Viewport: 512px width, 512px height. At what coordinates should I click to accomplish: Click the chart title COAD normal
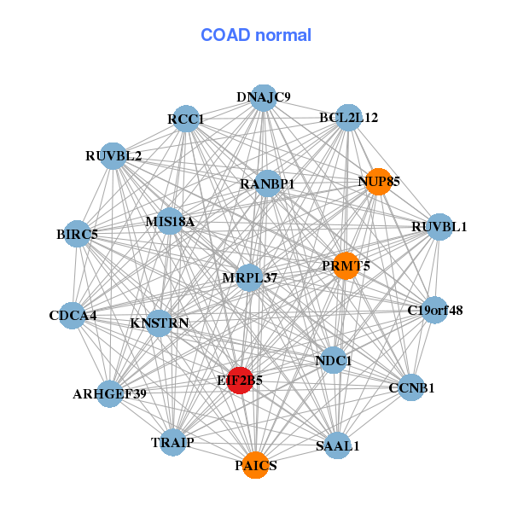pos(256,36)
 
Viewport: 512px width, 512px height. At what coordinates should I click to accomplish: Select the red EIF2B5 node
pos(241,381)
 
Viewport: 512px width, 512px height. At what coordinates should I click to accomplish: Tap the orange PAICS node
pos(254,465)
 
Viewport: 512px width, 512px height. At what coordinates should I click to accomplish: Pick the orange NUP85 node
pos(378,182)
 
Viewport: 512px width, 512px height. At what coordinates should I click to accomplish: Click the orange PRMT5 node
pos(346,265)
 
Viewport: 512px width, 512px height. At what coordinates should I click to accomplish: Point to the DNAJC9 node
pos(264,98)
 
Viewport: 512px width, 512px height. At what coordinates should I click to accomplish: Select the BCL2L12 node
pos(348,117)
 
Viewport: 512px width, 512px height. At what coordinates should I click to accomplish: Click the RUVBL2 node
pos(113,156)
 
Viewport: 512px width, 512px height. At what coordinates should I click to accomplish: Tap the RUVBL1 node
pos(439,227)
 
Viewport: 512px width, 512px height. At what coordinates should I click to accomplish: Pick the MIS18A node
pos(170,222)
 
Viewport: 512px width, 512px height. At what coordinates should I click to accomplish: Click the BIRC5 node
pos(77,234)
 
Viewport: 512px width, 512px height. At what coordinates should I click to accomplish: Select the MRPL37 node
pos(249,278)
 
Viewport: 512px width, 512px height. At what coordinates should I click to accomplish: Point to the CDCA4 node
pos(73,316)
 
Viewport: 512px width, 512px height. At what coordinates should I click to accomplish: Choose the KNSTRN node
pos(160,323)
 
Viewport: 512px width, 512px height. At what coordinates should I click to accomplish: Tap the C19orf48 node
pos(434,310)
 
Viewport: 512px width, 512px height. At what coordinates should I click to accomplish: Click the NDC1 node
pos(334,360)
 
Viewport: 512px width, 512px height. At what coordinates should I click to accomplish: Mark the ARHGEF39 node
pos(109,393)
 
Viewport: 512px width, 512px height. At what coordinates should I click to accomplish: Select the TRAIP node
pos(173,442)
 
